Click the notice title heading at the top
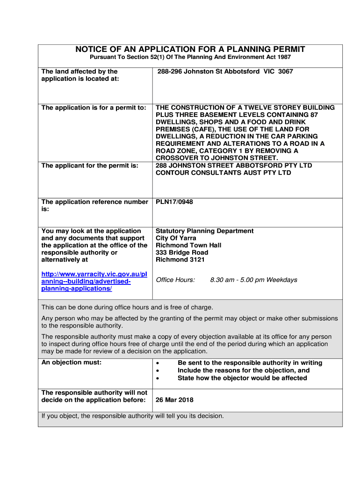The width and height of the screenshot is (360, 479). (x=190, y=49)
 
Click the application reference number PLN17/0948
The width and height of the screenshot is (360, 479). (x=174, y=202)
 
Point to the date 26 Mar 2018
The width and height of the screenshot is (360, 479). (x=174, y=400)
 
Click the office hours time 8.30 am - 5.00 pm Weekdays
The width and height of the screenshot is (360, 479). (x=253, y=280)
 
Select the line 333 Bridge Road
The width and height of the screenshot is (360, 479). (x=182, y=253)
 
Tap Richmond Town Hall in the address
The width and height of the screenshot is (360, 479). (x=188, y=245)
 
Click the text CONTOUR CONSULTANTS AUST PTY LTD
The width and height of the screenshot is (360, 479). (x=223, y=173)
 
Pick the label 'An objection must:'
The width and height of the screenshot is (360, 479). (x=72, y=363)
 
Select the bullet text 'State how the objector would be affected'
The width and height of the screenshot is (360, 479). (x=242, y=378)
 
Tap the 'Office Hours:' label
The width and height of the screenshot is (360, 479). (x=175, y=280)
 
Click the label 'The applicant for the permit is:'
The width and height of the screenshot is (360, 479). (x=90, y=166)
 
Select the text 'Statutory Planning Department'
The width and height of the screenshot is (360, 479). (x=205, y=231)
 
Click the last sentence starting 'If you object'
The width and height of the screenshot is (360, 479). (x=133, y=416)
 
